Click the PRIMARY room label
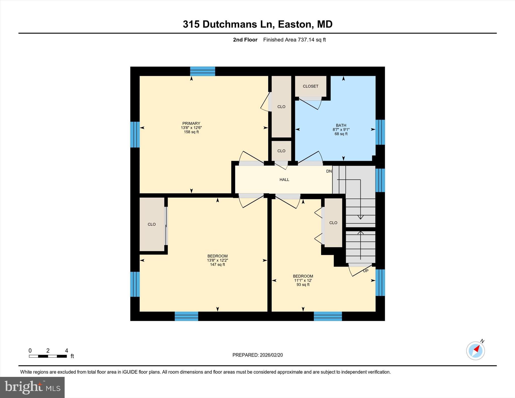click(x=191, y=123)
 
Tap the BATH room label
click(x=341, y=125)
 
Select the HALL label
click(x=284, y=180)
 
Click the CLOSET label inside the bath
click(x=310, y=86)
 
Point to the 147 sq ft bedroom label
click(x=217, y=260)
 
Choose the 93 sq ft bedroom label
click(x=303, y=280)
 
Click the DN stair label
click(x=329, y=171)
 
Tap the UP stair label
click(x=365, y=271)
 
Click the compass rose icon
click(x=475, y=350)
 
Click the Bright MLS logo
click(x=32, y=387)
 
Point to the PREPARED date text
click(x=257, y=355)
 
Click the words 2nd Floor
click(x=245, y=40)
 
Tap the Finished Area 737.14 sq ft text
click(x=294, y=40)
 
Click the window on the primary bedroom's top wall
click(x=202, y=71)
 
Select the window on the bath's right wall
click(x=380, y=132)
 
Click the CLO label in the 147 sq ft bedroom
click(x=152, y=224)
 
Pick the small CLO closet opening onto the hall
click(x=281, y=151)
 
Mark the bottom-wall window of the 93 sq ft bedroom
click(x=328, y=316)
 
